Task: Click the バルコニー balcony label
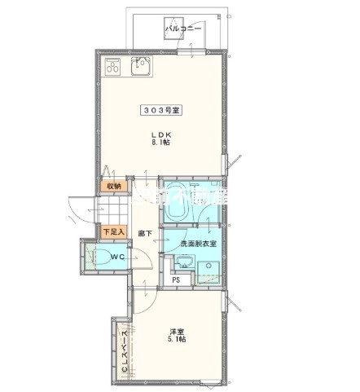(x=183, y=29)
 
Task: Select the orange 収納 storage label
(x=112, y=186)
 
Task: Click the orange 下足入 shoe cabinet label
(x=112, y=231)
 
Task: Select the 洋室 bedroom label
(x=175, y=331)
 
